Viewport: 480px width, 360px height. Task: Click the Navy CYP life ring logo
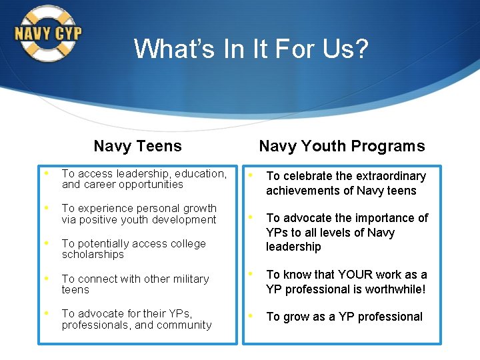click(47, 33)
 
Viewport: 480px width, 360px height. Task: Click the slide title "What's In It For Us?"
click(251, 49)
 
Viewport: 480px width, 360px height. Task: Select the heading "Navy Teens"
click(137, 146)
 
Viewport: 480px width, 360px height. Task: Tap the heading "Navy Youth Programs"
click(341, 146)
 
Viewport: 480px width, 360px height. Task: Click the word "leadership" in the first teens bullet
click(143, 174)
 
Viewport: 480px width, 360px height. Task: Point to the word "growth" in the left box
click(199, 209)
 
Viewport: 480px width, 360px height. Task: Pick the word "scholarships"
click(93, 255)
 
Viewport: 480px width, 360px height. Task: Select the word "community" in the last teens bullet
click(186, 325)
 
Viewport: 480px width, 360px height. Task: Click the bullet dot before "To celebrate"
click(251, 175)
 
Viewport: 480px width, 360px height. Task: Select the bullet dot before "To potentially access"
click(47, 243)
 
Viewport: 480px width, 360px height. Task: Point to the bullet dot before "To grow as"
click(251, 316)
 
